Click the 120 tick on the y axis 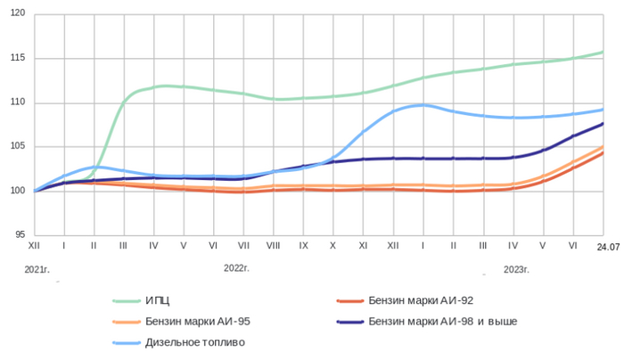coord(19,14)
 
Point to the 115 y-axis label coord(19,58)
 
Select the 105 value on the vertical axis coord(19,146)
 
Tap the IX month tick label coord(303,244)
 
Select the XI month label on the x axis coord(363,244)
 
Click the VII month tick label coord(242,244)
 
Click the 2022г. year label coord(236,267)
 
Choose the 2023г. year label coord(517,267)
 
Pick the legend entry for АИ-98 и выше coord(443,321)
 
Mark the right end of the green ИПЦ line coord(603,52)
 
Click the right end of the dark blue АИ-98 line coord(603,124)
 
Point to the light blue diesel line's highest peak coord(423,105)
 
